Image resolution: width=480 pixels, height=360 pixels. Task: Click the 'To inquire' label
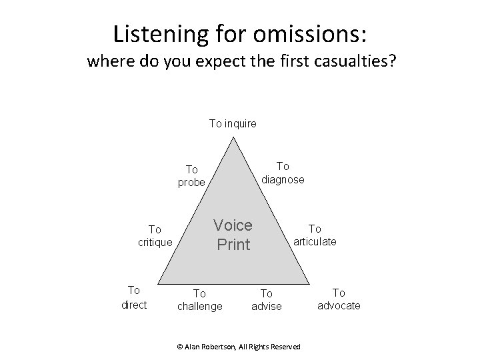pyautogui.click(x=233, y=123)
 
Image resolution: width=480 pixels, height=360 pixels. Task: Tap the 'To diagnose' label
pyautogui.click(x=283, y=173)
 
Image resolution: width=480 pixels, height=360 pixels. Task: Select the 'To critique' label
pyautogui.click(x=155, y=235)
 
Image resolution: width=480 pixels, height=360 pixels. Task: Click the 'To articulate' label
pyautogui.click(x=315, y=235)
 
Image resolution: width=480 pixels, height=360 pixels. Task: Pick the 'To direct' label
pyautogui.click(x=133, y=297)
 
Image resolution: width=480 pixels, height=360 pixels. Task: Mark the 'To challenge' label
pyautogui.click(x=199, y=299)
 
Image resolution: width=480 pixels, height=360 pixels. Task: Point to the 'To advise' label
pyautogui.click(x=266, y=299)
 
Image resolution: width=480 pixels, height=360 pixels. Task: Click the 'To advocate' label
pyautogui.click(x=339, y=299)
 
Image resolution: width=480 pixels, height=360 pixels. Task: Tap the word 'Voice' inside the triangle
pyautogui.click(x=233, y=225)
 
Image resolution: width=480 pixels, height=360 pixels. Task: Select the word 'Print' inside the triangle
pyautogui.click(x=233, y=245)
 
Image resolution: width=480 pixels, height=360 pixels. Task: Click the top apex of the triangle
pyautogui.click(x=233, y=138)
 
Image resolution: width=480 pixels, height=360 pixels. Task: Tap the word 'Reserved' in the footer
pyautogui.click(x=285, y=346)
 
